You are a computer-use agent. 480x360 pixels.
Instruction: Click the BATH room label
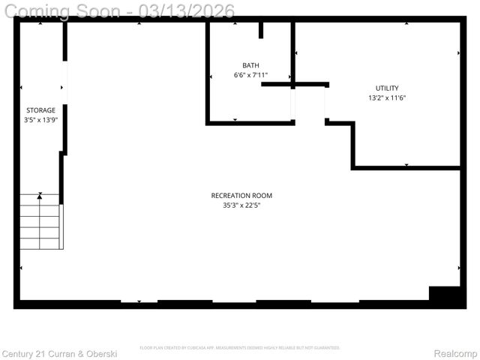(250, 65)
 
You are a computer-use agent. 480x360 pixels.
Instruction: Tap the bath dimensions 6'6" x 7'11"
(250, 76)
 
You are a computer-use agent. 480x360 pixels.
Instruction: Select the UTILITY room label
(387, 88)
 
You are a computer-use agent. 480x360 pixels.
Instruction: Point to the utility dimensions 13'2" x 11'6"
(387, 98)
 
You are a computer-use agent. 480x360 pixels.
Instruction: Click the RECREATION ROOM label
(241, 196)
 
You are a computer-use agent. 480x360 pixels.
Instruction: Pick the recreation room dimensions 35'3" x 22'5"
(241, 206)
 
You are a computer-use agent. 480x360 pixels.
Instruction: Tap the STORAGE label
(40, 110)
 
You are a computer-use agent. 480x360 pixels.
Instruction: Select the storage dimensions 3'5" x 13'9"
(40, 121)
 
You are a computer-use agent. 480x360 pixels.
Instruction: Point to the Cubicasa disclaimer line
(240, 348)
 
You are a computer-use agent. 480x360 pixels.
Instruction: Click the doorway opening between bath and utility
(309, 103)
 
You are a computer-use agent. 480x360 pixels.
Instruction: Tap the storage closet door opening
(65, 80)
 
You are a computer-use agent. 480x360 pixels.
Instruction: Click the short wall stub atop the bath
(261, 30)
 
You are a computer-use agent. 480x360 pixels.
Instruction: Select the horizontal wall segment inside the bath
(292, 84)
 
